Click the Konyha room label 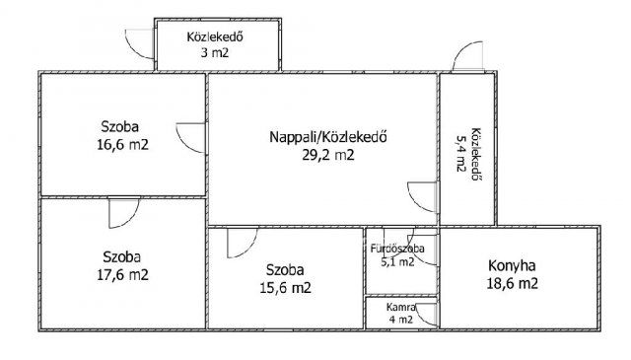(512, 266)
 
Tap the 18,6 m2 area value (513, 283)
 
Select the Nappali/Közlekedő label (328, 137)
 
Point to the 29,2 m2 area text (328, 155)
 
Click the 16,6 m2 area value (122, 145)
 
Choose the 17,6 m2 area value (122, 275)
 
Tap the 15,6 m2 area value (285, 288)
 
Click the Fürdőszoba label (397, 249)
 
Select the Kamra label (401, 308)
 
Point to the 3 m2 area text (215, 52)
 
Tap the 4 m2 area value (401, 320)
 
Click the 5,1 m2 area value (397, 262)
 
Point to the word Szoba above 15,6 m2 (285, 270)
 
